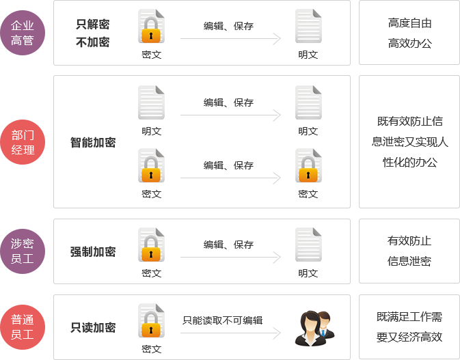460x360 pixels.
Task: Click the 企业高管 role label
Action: [23, 33]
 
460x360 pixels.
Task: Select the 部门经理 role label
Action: [23, 141]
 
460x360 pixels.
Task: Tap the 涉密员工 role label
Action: [23, 251]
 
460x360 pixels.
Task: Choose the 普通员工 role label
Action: [23, 327]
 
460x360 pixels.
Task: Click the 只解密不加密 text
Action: [93, 33]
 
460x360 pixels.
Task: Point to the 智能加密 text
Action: [93, 142]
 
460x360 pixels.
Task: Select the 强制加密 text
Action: [93, 251]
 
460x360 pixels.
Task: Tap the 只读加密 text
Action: [93, 328]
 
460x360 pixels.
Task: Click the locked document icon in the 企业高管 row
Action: [151, 27]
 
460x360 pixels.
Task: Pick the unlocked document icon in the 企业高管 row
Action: [308, 27]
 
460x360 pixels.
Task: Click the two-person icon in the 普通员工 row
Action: [310, 321]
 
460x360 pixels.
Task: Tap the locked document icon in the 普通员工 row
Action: [151, 322]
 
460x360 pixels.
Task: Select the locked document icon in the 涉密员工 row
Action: [151, 246]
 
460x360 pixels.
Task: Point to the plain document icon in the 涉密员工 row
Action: [308, 246]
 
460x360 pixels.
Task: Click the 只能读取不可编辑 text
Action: [223, 320]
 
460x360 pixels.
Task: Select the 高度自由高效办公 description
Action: [410, 33]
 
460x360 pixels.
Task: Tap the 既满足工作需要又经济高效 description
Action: [409, 327]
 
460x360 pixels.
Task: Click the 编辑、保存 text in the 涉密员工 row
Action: [228, 245]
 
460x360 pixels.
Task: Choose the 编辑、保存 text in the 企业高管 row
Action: [228, 26]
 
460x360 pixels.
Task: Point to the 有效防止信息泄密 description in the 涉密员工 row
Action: [409, 251]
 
